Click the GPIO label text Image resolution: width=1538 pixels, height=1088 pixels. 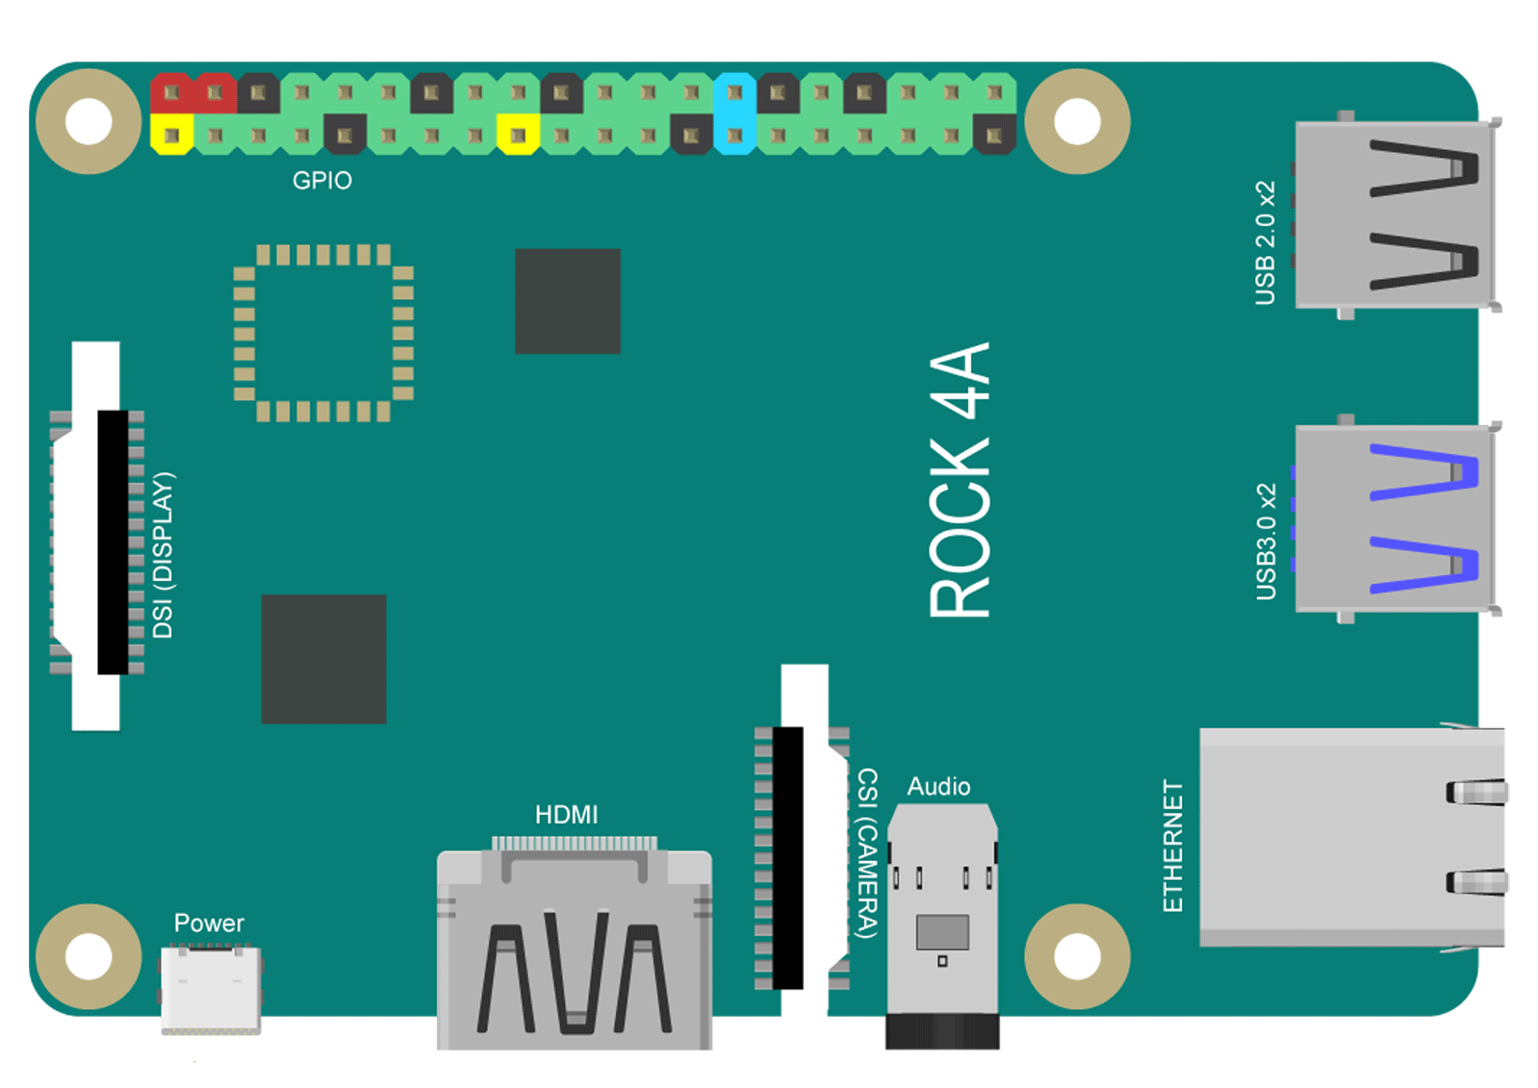[322, 181]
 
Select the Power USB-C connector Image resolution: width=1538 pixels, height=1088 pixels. [211, 988]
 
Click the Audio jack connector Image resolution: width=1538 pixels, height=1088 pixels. [942, 926]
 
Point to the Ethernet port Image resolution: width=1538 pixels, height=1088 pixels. [1353, 837]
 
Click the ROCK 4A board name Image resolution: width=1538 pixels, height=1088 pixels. [960, 480]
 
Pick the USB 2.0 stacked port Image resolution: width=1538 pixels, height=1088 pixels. [1397, 215]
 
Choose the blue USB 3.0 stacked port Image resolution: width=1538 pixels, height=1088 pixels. [1397, 519]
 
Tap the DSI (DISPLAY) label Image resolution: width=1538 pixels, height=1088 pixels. [164, 555]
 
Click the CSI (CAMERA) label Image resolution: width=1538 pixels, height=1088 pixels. [868, 852]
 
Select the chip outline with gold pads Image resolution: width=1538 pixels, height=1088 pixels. [323, 333]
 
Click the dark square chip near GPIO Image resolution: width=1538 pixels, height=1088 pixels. [568, 301]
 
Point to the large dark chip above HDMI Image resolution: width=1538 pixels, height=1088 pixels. [323, 659]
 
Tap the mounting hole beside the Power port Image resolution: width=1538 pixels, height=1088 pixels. [89, 956]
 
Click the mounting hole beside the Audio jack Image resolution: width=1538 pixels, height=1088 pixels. [1077, 956]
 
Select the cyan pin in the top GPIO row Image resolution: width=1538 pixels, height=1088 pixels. [734, 92]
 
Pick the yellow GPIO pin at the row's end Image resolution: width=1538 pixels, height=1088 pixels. [171, 135]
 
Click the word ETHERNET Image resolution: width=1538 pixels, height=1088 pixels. [1172, 846]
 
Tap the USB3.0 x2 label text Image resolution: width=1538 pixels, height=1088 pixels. [1266, 542]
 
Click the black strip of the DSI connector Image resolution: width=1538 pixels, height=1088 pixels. [114, 543]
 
